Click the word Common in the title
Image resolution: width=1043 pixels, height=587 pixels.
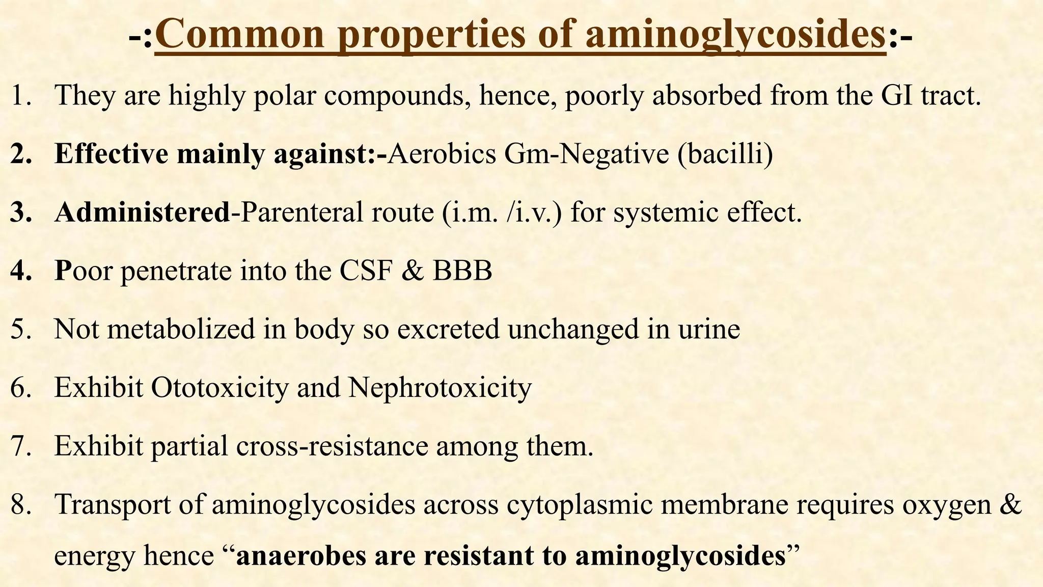[240, 35]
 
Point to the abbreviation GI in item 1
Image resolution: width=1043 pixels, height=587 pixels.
[897, 95]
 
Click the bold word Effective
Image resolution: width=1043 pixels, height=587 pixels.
[111, 154]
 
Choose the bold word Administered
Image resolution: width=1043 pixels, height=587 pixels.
[142, 212]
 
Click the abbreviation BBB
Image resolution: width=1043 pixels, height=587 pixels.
[462, 271]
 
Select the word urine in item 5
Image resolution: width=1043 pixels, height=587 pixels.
[709, 329]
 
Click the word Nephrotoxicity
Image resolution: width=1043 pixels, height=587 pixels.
[440, 388]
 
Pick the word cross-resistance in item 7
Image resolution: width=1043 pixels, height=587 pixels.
[332, 446]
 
